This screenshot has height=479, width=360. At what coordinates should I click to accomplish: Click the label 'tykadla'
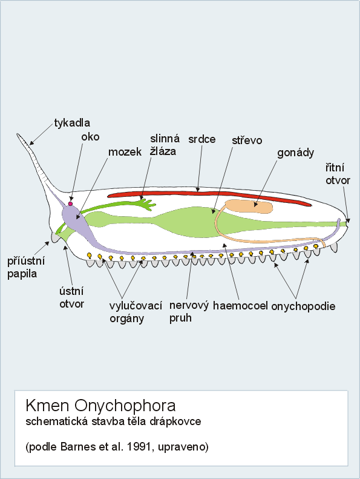(x=72, y=123)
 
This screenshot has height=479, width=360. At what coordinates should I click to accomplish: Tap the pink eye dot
(x=71, y=203)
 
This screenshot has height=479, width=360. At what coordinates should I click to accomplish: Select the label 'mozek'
(x=125, y=152)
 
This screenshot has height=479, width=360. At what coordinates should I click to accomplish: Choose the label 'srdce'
(x=202, y=139)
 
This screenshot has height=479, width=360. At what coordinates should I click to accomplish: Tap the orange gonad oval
(x=249, y=206)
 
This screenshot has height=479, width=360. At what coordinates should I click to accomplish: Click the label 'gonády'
(x=295, y=153)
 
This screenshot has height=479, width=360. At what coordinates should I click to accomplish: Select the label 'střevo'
(x=247, y=140)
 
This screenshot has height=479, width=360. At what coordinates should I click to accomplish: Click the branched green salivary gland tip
(x=149, y=204)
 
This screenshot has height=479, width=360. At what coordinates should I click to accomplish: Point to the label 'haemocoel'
(x=240, y=305)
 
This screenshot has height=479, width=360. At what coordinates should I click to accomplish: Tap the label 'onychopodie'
(x=303, y=306)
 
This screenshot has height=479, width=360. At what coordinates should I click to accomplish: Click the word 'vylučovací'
(x=136, y=305)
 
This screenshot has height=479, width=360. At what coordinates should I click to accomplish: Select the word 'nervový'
(x=189, y=305)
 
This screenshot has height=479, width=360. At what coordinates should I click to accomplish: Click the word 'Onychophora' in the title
(x=125, y=406)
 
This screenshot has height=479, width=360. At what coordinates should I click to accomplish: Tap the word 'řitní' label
(x=335, y=168)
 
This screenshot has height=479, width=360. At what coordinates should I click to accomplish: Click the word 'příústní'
(x=26, y=261)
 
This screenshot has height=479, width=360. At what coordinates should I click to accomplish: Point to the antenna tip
(x=18, y=134)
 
